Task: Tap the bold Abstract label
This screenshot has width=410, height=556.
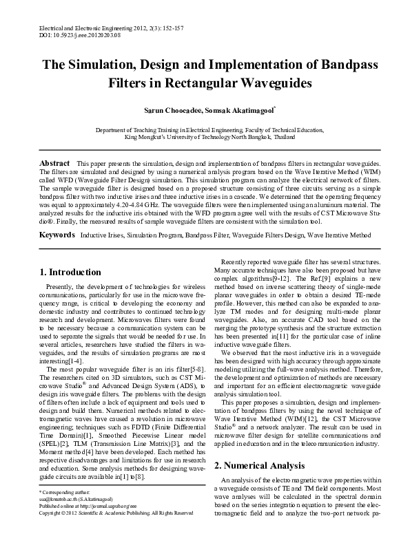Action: pyautogui.click(x=54, y=161)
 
